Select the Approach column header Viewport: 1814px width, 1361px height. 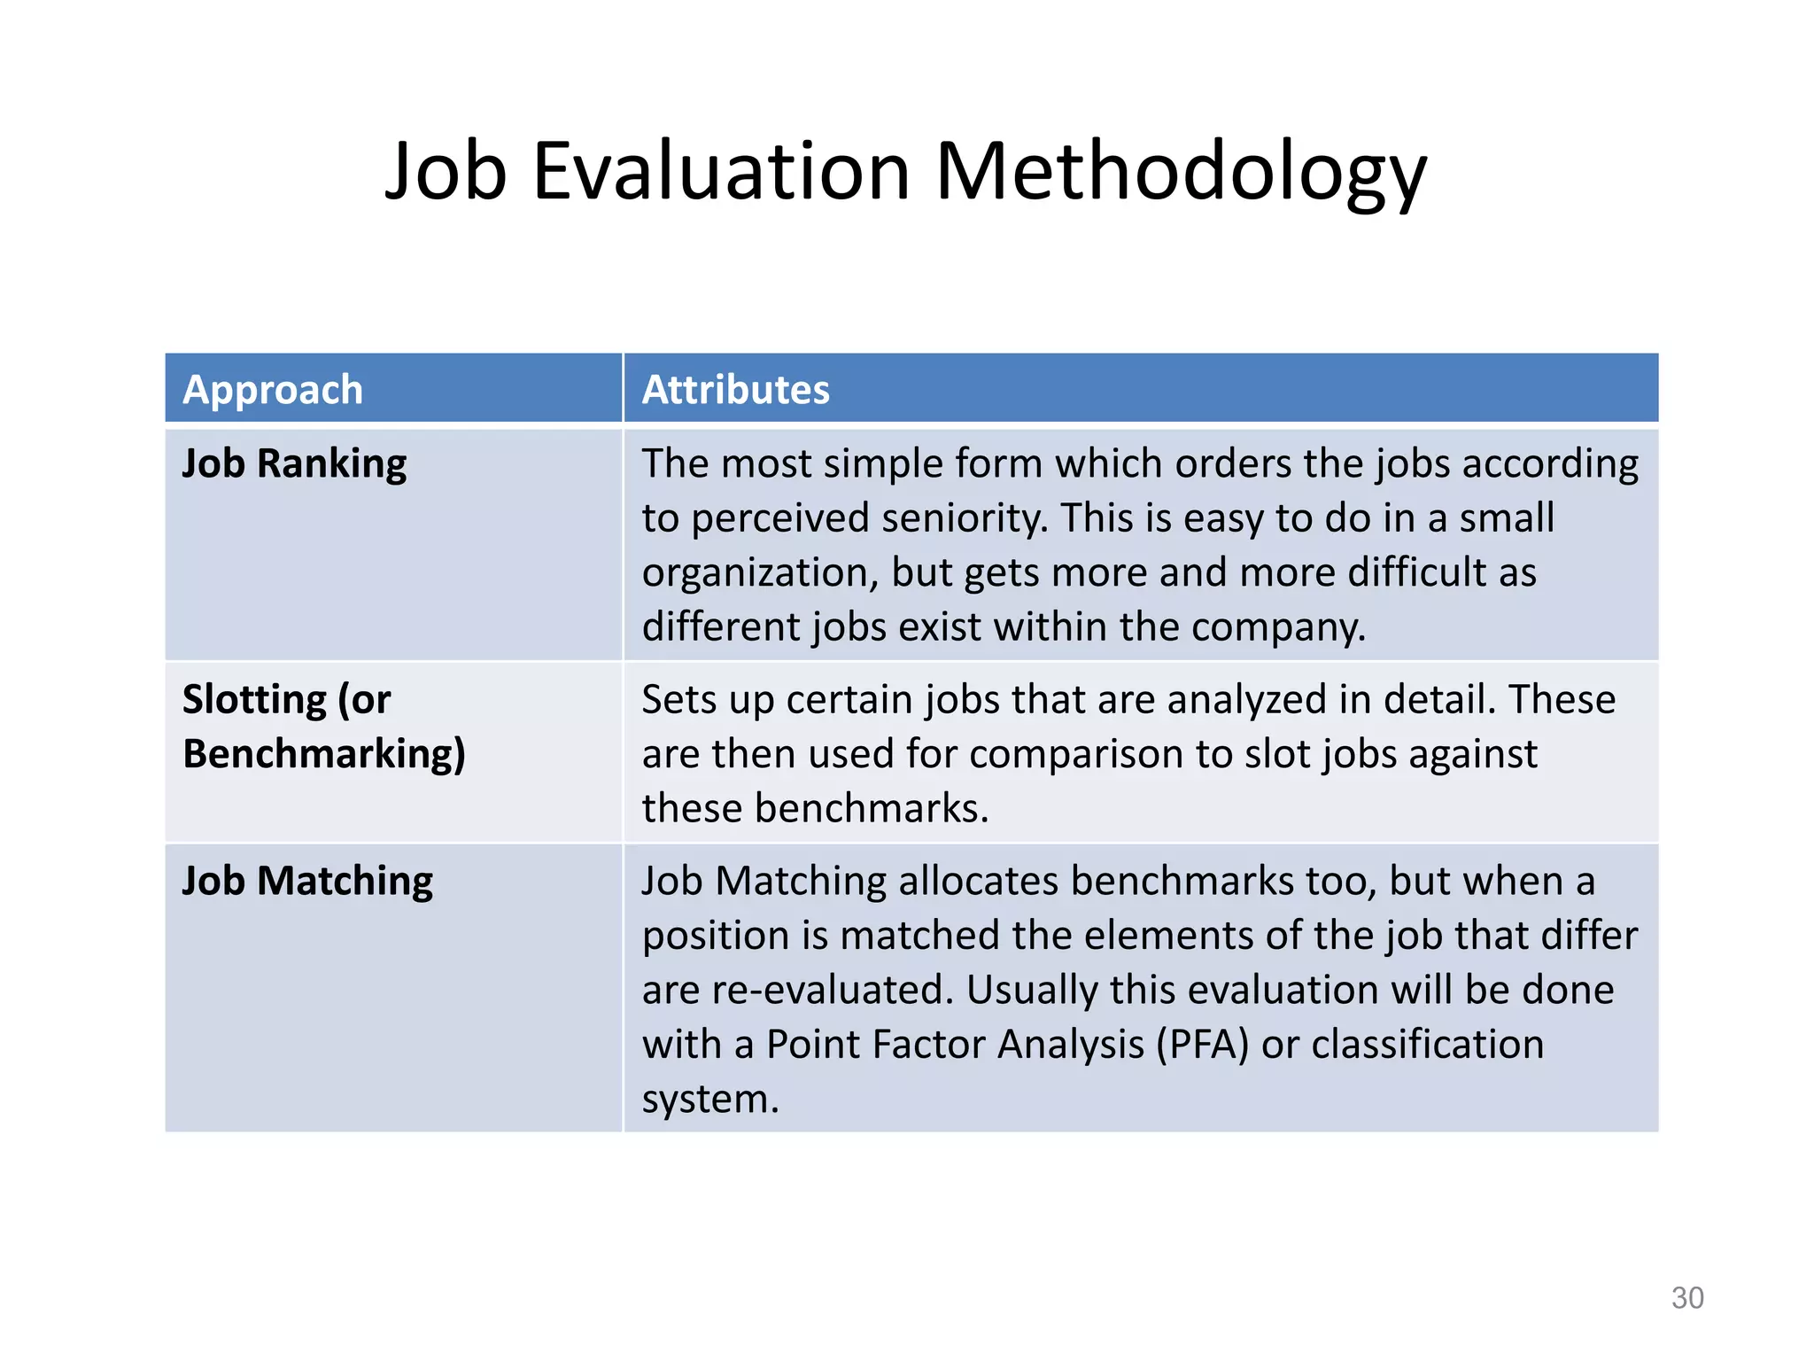pos(273,390)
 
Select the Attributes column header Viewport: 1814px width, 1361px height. pos(735,390)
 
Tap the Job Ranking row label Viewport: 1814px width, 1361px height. pos(294,464)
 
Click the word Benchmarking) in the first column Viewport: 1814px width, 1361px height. pos(323,754)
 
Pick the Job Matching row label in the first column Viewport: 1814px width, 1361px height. pos(307,882)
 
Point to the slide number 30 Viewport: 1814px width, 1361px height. pos(1686,1298)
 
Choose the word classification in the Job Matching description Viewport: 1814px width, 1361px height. pos(1427,1045)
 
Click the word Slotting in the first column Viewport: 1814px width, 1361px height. pos(254,700)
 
